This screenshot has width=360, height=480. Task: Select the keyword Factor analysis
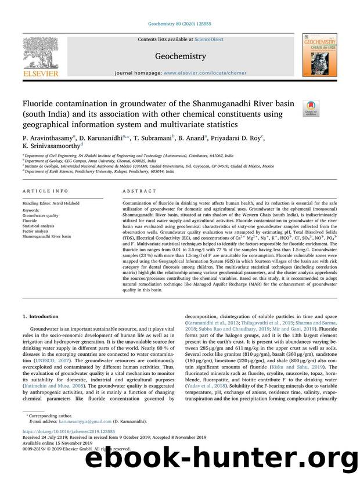coord(37,232)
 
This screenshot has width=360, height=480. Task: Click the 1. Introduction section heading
coord(40,316)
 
